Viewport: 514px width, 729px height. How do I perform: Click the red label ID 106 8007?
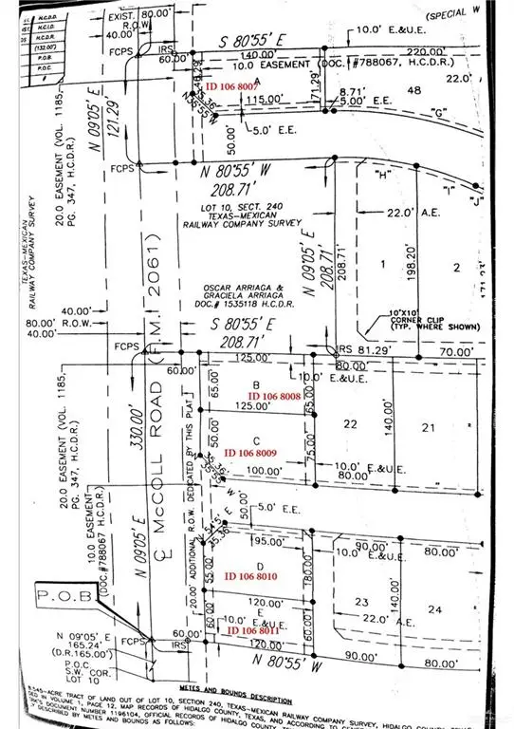238,85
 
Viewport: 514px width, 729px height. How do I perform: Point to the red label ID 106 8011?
253,629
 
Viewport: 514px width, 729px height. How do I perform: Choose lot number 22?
350,424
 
